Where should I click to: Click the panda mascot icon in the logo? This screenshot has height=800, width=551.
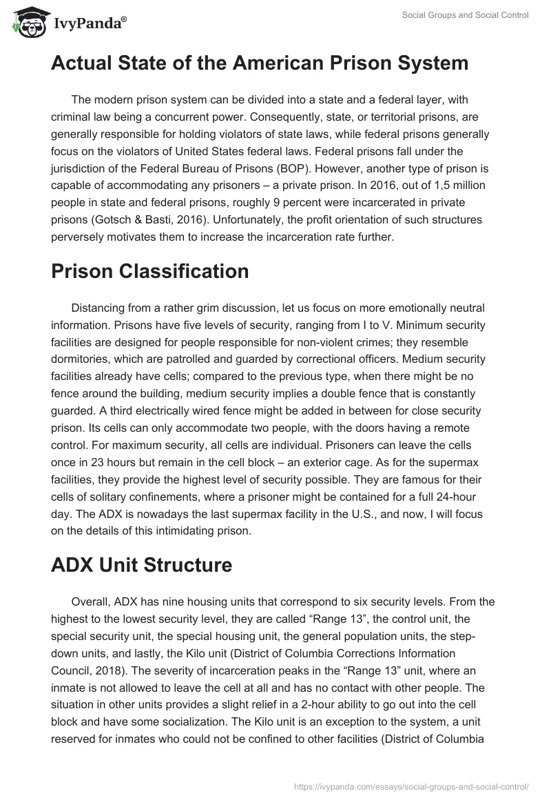click(x=25, y=22)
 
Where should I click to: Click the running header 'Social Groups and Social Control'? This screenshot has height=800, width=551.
click(x=466, y=16)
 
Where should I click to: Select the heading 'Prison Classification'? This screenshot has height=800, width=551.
click(x=150, y=271)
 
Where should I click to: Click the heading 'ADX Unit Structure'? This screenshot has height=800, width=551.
click(x=141, y=565)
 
